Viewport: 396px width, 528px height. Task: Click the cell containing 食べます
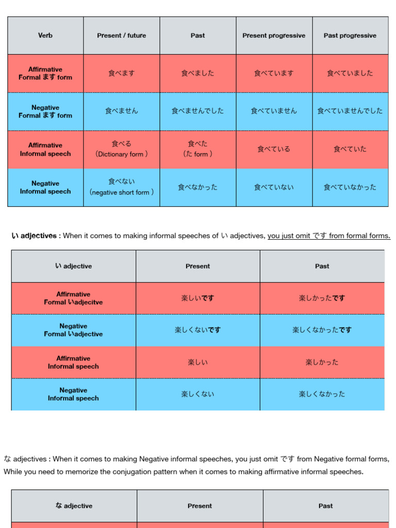click(122, 73)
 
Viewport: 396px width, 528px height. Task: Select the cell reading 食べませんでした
click(197, 111)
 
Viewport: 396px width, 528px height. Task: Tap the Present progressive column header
click(274, 36)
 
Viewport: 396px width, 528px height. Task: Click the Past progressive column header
click(350, 36)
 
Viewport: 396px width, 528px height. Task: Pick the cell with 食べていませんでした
click(350, 111)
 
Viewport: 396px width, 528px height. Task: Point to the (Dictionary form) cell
click(122, 149)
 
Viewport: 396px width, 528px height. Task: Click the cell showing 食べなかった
click(197, 187)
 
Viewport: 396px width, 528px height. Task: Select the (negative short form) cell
click(122, 187)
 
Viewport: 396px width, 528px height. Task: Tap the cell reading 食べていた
click(350, 149)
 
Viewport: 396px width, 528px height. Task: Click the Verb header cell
click(45, 36)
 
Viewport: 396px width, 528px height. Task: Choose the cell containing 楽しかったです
click(322, 298)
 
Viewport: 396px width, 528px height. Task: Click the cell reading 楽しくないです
click(197, 330)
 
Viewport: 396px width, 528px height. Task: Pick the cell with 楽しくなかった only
click(322, 394)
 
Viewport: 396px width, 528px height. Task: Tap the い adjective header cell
click(73, 266)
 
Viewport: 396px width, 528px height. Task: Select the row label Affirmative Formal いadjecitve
click(73, 298)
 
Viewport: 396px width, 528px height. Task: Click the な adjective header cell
click(74, 506)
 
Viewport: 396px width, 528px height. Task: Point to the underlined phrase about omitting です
click(329, 236)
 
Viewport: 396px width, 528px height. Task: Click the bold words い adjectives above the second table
click(34, 236)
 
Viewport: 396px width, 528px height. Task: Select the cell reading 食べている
click(274, 149)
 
